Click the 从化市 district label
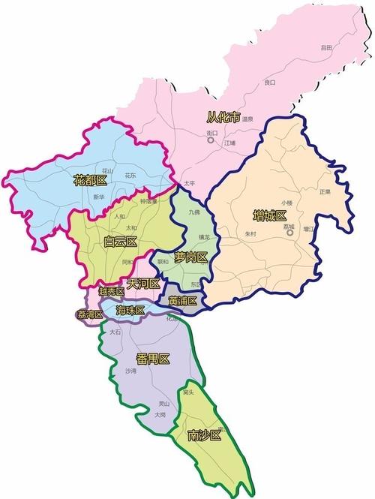(223, 117)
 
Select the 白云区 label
(121, 241)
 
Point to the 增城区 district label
(269, 216)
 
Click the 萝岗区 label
(190, 257)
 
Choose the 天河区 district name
(143, 284)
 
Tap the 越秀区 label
(110, 291)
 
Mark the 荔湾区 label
(89, 314)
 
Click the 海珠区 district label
(131, 310)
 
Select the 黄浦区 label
(182, 301)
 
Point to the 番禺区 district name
(154, 359)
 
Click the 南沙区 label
(204, 435)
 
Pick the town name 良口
(269, 82)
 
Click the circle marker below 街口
(211, 140)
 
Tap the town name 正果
(324, 191)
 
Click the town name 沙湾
(131, 371)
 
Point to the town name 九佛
(195, 212)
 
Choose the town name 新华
(99, 197)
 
